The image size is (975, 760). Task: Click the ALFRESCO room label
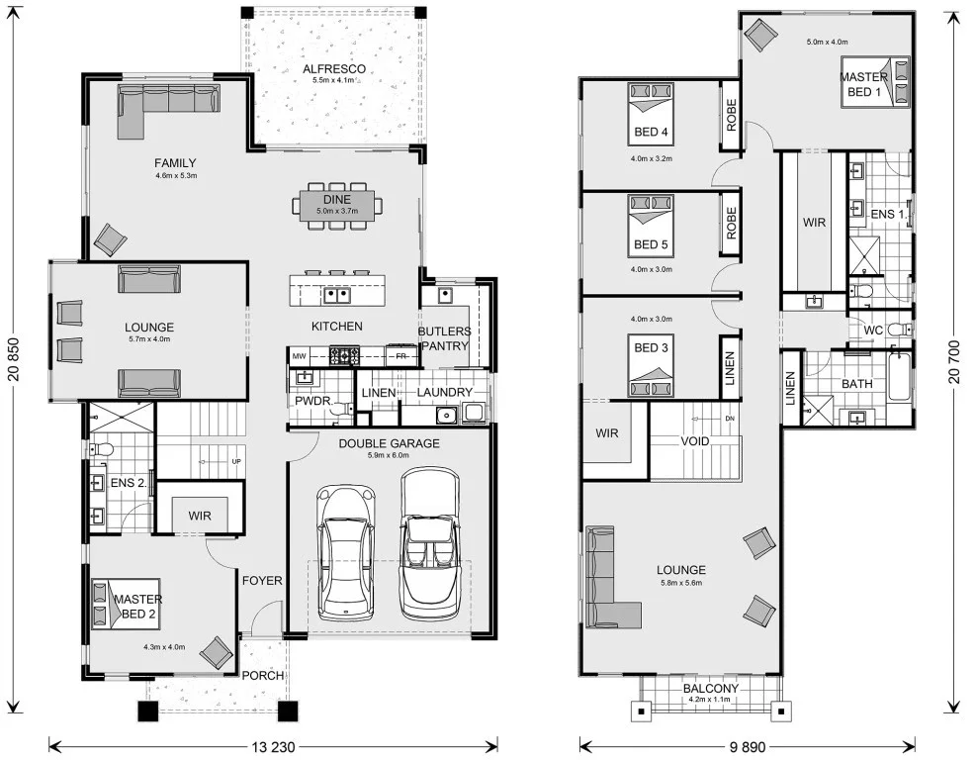334,69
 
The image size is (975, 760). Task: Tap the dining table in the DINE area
337,206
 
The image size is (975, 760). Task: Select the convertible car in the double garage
431,543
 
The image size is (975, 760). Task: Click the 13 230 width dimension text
274,746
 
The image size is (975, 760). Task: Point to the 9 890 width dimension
748,746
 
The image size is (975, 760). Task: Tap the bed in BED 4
651,113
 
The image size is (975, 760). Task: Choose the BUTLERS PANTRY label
444,338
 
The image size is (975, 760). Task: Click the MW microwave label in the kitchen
299,356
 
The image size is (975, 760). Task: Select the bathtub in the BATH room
899,378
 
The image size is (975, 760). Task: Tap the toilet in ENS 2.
101,449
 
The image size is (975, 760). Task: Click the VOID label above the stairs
694,441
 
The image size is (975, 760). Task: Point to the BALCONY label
711,689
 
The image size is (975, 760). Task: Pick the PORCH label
263,675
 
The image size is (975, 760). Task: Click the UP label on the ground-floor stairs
236,462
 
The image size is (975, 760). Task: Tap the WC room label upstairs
874,331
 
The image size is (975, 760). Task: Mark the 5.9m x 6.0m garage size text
389,455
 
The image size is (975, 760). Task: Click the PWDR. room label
314,401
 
